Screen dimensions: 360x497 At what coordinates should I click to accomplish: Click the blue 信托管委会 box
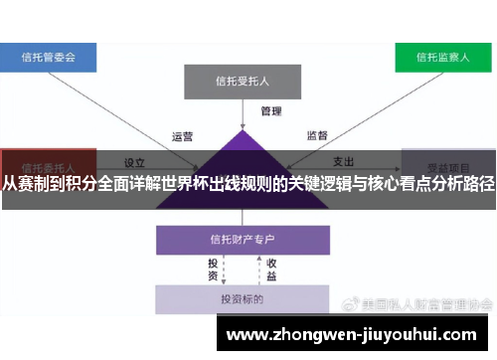click(x=49, y=57)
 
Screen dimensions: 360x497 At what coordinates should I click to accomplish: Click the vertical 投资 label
click(x=212, y=269)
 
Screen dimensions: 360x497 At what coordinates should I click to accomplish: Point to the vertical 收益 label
click(x=269, y=269)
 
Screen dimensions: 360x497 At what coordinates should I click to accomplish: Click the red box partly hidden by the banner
click(x=48, y=165)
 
